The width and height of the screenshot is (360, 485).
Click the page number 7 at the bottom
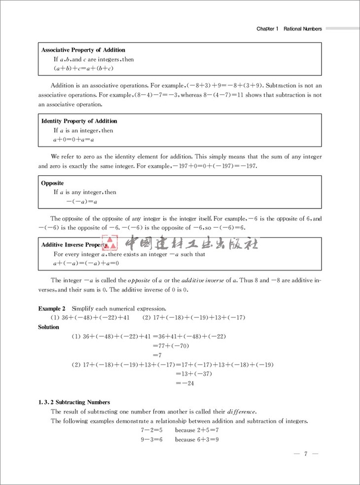(x=306, y=454)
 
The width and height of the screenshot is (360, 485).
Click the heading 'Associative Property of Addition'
(x=83, y=50)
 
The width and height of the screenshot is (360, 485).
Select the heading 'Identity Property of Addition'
(x=79, y=121)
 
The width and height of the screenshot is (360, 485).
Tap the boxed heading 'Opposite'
(x=52, y=183)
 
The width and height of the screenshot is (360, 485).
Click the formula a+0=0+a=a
(x=74, y=139)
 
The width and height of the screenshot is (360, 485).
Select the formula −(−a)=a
(x=81, y=201)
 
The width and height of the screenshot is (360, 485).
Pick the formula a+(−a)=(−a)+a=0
(x=87, y=263)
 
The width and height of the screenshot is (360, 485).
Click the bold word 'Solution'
(x=49, y=326)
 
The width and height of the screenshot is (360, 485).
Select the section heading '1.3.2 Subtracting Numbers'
(x=74, y=402)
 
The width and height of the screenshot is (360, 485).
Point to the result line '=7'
(x=157, y=355)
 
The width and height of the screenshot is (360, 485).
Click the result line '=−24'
(x=185, y=383)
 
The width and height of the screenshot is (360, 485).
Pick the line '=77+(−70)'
(x=171, y=346)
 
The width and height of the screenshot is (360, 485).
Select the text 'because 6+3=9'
(x=197, y=439)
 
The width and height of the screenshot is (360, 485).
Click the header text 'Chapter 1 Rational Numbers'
(x=289, y=29)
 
